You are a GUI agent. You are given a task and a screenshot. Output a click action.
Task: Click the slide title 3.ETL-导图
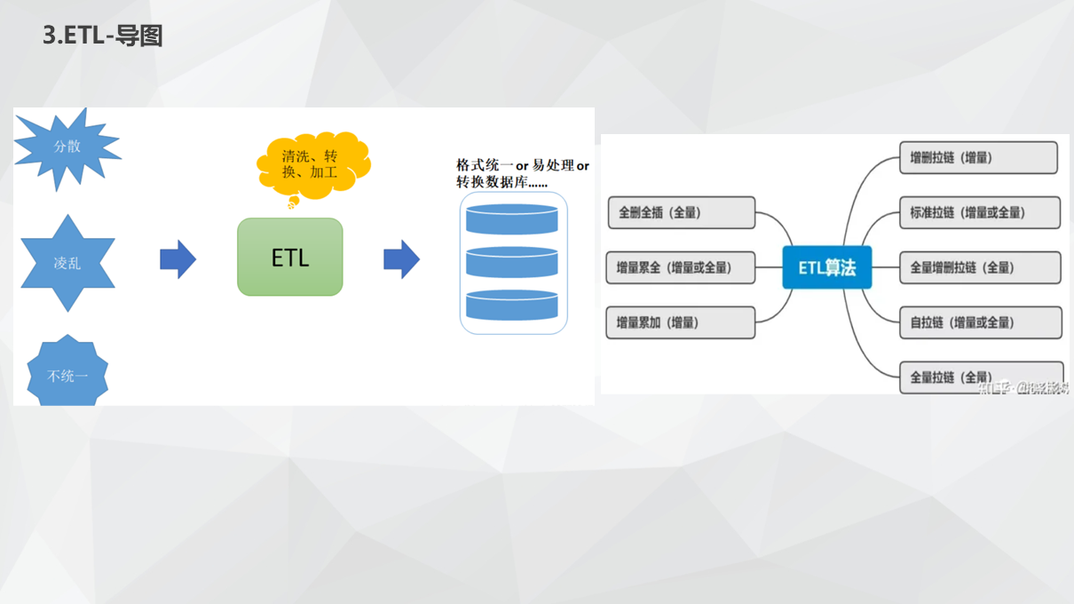103,36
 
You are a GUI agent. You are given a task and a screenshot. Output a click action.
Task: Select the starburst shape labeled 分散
67,147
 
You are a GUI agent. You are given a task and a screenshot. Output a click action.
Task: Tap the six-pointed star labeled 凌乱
67,263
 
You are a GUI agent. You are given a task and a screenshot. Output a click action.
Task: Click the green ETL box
290,258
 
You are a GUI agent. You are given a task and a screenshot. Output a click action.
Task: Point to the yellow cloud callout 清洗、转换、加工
311,164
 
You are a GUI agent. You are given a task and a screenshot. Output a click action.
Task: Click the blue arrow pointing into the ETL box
178,259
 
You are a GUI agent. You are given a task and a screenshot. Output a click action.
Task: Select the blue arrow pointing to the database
401,259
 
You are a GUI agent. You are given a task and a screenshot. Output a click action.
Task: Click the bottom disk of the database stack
512,305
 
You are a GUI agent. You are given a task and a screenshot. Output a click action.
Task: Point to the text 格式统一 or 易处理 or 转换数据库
522,173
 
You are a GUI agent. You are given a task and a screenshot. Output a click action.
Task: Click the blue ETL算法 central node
826,267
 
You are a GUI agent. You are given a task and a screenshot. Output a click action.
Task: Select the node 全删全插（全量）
681,213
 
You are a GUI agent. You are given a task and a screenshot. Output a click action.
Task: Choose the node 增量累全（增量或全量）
680,267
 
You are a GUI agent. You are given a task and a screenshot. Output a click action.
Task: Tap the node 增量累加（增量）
680,322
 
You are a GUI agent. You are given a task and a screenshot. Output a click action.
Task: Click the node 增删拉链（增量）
978,158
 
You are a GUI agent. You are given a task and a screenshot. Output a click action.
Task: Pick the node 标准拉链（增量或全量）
980,213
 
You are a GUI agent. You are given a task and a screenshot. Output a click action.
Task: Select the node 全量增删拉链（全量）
980,267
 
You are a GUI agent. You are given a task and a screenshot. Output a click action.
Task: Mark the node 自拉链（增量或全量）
980,322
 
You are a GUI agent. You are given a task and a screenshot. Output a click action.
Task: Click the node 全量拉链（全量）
980,377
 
